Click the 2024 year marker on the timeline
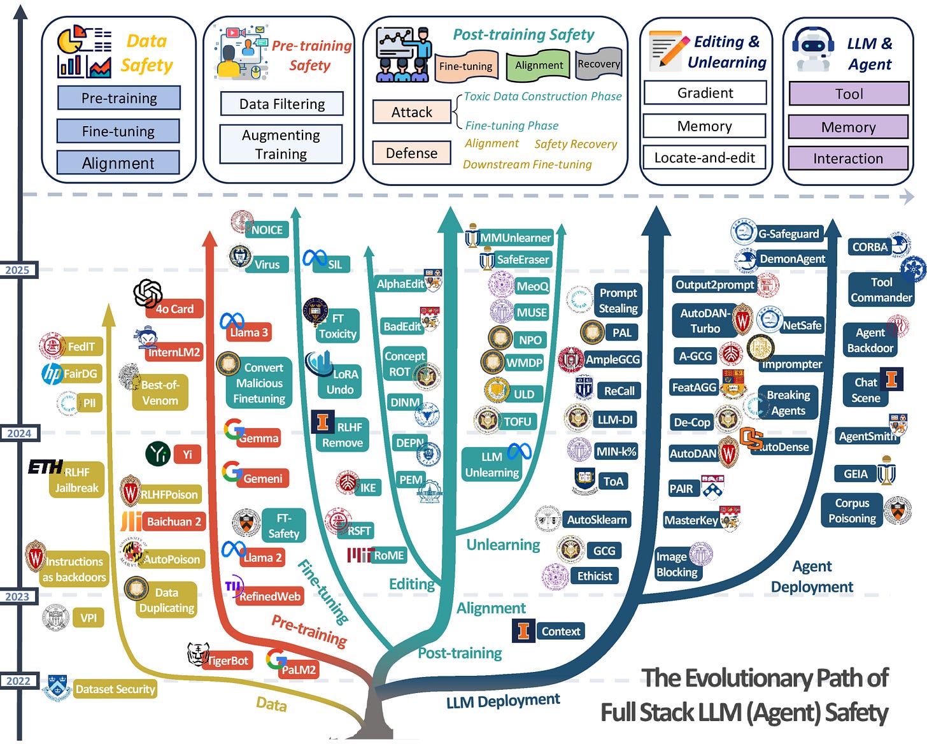[x=18, y=433]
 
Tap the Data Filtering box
[x=281, y=104]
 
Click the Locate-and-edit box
[x=704, y=157]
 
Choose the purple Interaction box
[x=847, y=159]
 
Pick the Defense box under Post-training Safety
[x=411, y=153]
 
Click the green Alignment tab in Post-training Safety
[x=539, y=66]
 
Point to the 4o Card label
[x=174, y=309]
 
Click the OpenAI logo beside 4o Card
[x=148, y=293]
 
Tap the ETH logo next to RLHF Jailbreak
[x=45, y=468]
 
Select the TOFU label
[x=517, y=422]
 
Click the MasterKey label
[x=691, y=520]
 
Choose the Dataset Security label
[x=115, y=689]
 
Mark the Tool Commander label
[x=881, y=290]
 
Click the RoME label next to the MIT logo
[x=388, y=555]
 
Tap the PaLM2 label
[x=299, y=670]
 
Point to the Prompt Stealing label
[x=618, y=301]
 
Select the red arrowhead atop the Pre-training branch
[x=209, y=238]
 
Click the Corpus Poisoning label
[x=852, y=511]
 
